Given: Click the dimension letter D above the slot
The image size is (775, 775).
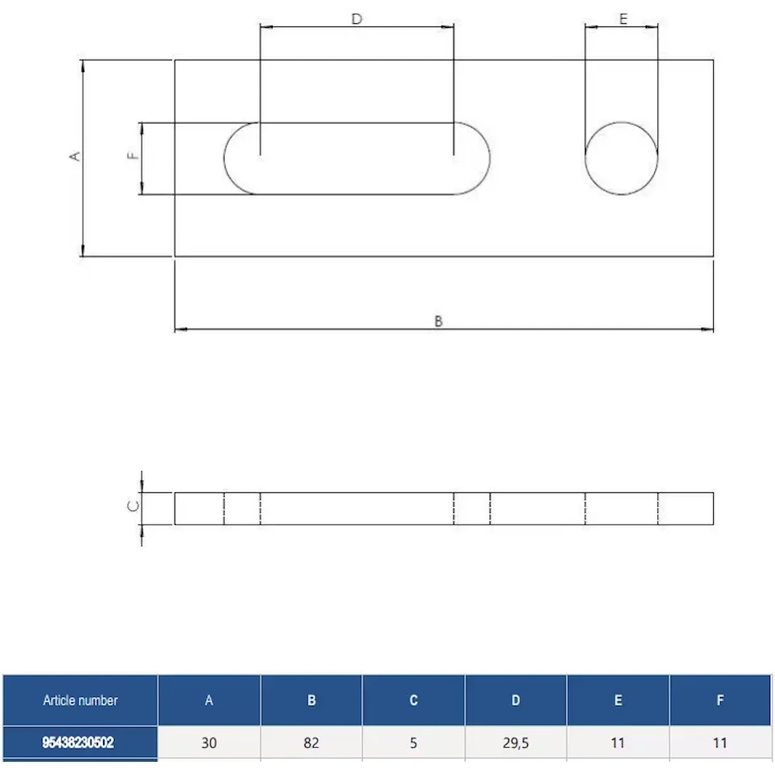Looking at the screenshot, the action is pos(356,19).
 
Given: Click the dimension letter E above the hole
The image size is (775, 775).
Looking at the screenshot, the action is pos(623,19).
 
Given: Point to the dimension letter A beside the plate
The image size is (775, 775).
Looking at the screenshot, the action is pos(74,157).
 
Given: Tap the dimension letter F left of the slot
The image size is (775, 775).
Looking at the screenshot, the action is pos(133,156).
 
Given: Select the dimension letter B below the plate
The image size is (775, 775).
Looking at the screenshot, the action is pos(439,322).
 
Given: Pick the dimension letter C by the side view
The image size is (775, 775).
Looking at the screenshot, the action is pos(133,506).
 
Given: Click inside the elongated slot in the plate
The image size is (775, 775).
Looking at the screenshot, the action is pos(356,158).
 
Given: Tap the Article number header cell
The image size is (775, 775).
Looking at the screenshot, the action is pos(81,700).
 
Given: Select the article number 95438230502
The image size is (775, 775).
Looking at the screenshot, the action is pos(78,742).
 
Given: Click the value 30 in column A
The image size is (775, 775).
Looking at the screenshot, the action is pos(209,743).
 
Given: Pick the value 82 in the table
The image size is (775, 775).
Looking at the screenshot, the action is pos(312,743).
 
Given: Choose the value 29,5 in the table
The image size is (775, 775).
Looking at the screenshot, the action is pos(516,743).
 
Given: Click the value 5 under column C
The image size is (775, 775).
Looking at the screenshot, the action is pos(414,743).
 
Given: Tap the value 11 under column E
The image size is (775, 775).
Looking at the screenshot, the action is pos(618,743).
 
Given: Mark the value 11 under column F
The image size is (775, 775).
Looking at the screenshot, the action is pos(720,743).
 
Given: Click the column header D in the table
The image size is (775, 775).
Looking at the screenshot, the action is pos(515,701).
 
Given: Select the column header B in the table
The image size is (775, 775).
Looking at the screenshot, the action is pos(312,701).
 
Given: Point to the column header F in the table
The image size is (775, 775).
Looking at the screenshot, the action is pos(720,701).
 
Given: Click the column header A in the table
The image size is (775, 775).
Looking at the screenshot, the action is pos(209,701).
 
